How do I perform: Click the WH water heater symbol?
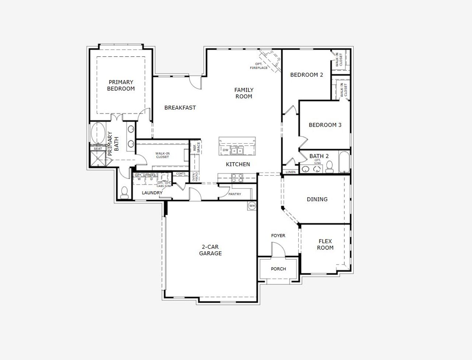pyautogui.click(x=252, y=206)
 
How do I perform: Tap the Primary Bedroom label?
pyautogui.click(x=121, y=85)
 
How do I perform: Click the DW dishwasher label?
pyautogui.click(x=225, y=150)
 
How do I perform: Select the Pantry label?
pyautogui.click(x=235, y=194)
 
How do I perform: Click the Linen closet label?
pyautogui.click(x=291, y=172)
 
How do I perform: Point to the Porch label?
pyautogui.click(x=278, y=269)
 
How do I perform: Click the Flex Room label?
pyautogui.click(x=325, y=245)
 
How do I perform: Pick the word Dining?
pyautogui.click(x=317, y=199)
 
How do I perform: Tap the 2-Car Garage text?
pyautogui.click(x=211, y=250)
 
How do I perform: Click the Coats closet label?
pyautogui.click(x=181, y=174)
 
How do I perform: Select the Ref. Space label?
pyautogui.click(x=196, y=147)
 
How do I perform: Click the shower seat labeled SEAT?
pyautogui.click(x=98, y=149)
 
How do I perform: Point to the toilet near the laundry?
pyautogui.click(x=124, y=192)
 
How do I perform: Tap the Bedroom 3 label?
pyautogui.click(x=325, y=125)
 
